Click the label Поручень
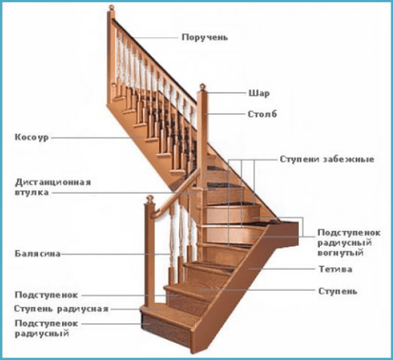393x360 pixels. (205, 37)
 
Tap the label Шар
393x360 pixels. (259, 93)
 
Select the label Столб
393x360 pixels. (263, 114)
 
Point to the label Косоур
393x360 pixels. (32, 137)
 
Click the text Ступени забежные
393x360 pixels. (327, 159)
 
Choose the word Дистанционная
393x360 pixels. (53, 182)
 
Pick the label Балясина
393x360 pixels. (37, 253)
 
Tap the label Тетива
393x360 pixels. (336, 269)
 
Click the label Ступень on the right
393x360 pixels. (338, 292)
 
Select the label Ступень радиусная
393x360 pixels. (61, 309)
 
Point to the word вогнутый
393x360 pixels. (341, 253)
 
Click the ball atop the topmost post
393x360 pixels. (112, 7)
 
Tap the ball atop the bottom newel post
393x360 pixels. (149, 198)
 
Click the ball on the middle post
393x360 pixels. (203, 86)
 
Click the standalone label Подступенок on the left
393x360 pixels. (47, 295)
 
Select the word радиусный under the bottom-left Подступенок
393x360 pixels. (42, 333)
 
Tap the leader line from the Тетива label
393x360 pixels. (281, 269)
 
